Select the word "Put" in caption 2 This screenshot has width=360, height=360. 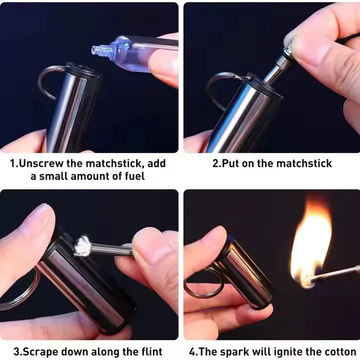tap(230, 163)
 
